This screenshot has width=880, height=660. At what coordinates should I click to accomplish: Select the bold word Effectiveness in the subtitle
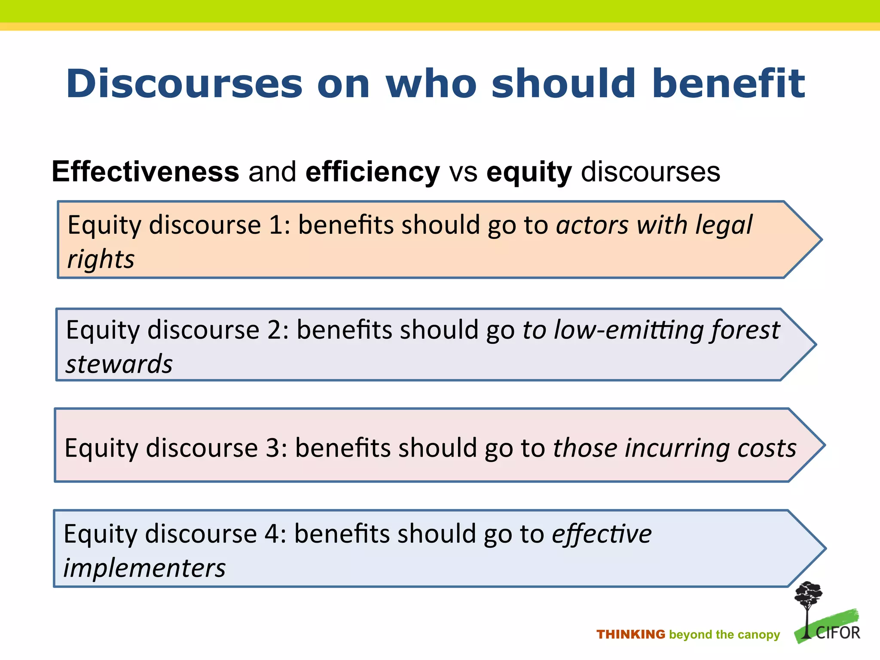145,172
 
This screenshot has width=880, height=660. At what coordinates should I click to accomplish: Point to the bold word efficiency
373,172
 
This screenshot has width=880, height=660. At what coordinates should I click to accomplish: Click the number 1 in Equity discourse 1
275,225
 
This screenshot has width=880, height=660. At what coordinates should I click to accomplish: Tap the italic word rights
101,260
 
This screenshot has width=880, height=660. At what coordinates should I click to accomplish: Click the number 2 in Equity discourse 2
274,330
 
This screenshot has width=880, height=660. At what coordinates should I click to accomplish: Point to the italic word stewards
119,364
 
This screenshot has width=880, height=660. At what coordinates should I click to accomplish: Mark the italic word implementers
144,568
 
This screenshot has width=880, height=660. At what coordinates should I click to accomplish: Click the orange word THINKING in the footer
630,635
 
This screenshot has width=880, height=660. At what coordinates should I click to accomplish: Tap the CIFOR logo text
837,633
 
